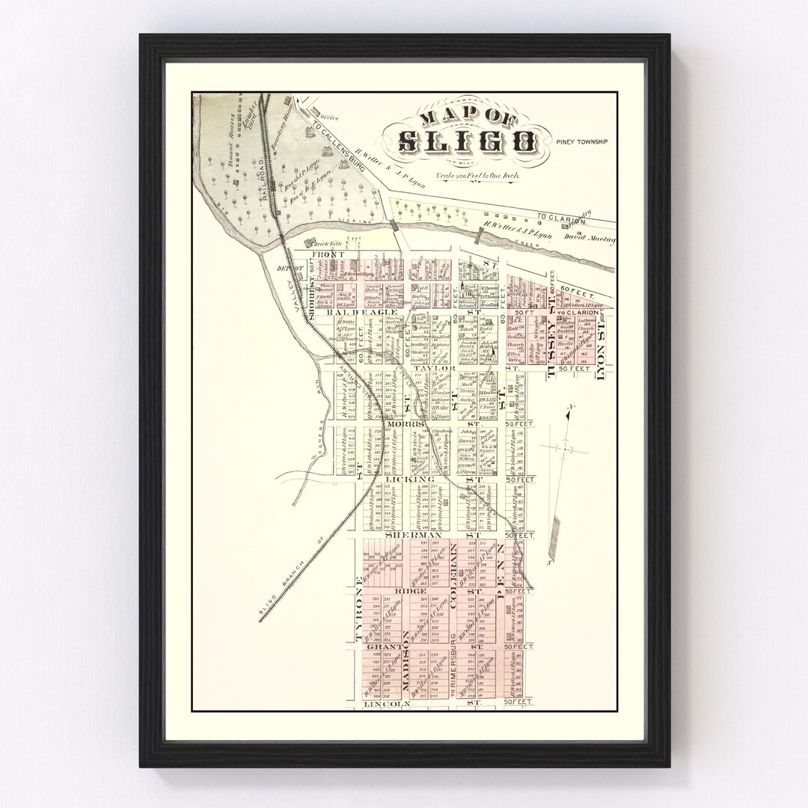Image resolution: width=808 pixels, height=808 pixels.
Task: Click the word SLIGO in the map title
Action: point(466,141)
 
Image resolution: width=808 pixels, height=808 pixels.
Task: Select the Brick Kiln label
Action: point(326,244)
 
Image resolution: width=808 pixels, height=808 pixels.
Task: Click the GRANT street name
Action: point(385,646)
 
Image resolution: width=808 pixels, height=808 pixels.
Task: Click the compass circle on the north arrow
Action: point(566,449)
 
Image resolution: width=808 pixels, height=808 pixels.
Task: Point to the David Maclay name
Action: point(593,240)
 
